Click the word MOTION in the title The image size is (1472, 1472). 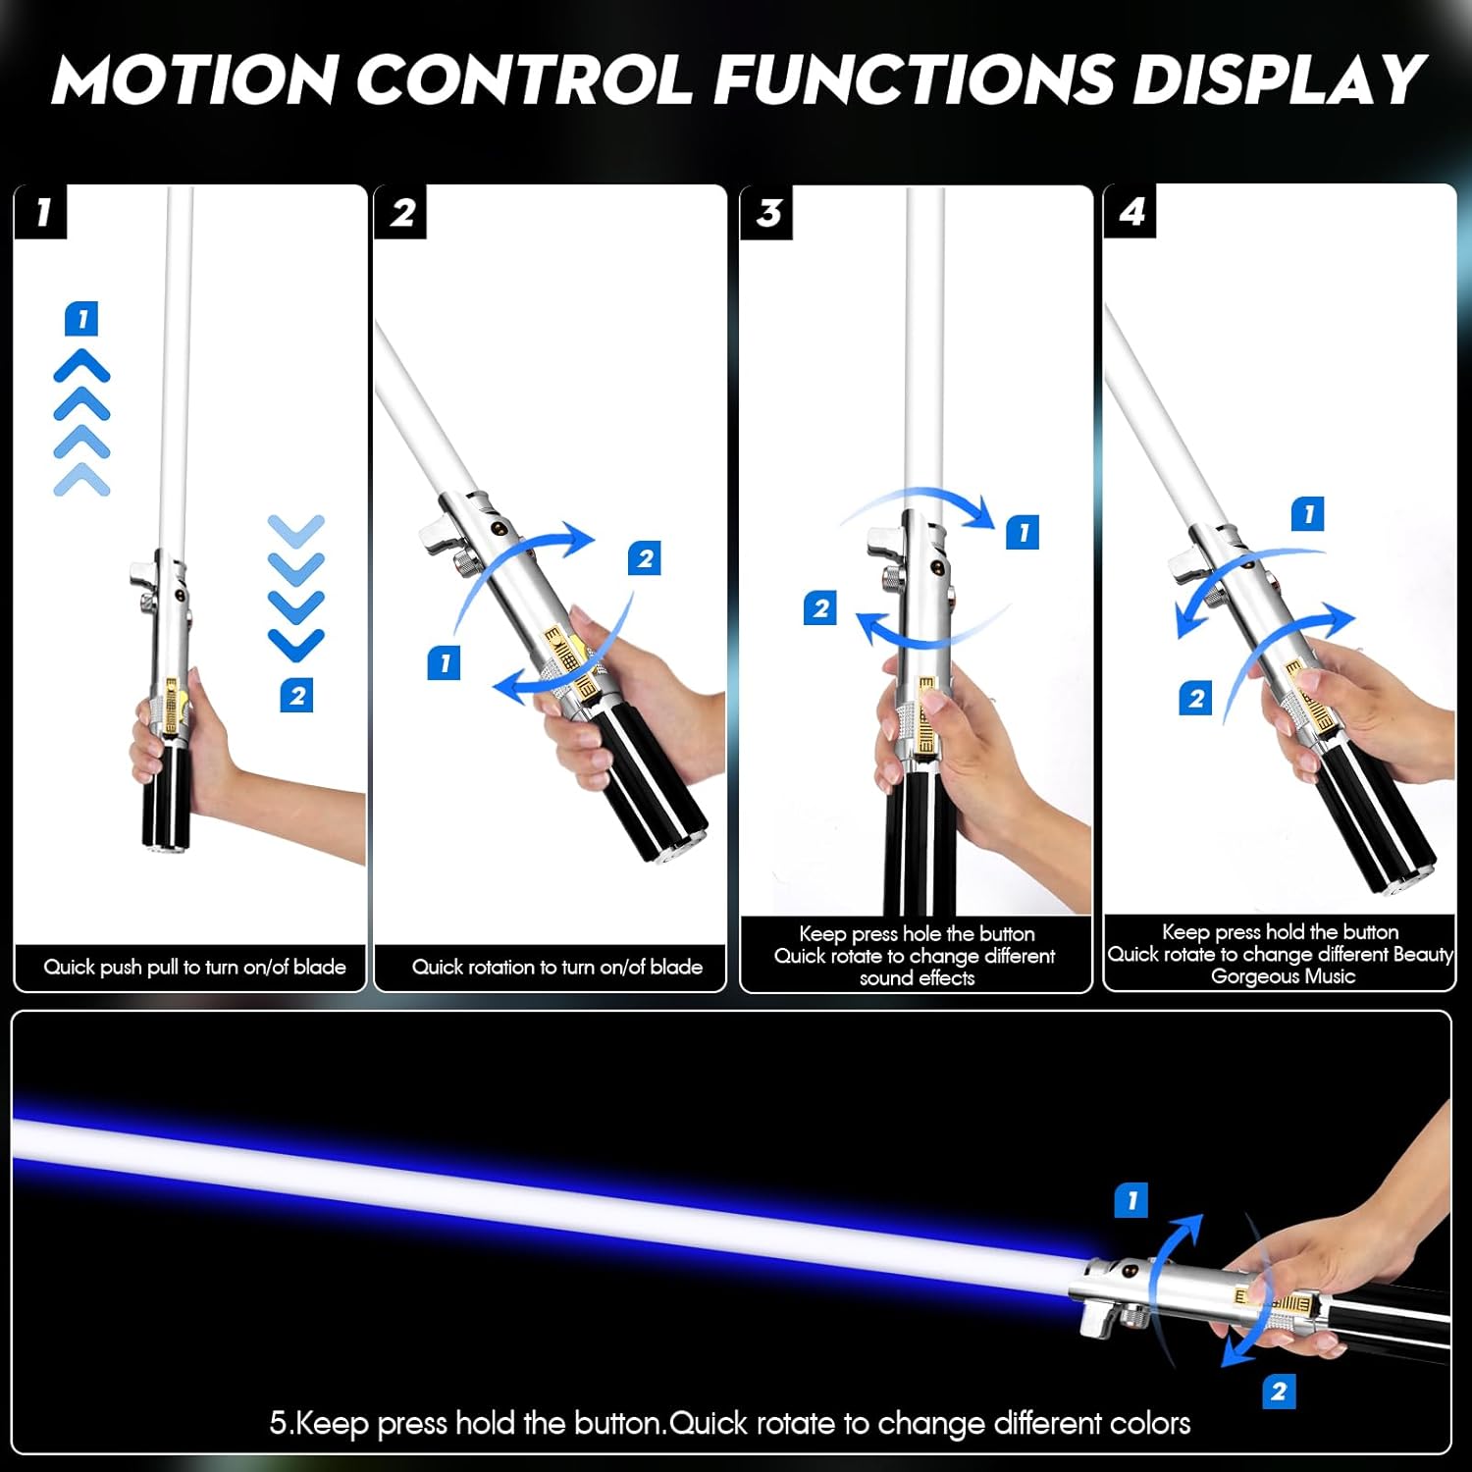coord(194,79)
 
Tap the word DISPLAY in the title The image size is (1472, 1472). coord(1279,79)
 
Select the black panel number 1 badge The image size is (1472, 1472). coord(41,212)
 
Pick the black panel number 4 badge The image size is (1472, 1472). coord(1131,212)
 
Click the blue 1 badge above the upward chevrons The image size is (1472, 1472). coord(81,319)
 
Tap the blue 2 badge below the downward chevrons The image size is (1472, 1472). coord(296,696)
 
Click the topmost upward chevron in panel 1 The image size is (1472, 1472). coord(81,365)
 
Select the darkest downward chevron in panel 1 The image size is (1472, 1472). coord(295,644)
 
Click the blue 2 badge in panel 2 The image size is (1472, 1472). coord(645,558)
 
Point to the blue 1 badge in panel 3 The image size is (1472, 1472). coord(1023,532)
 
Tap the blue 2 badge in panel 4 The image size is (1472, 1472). coord(1195,699)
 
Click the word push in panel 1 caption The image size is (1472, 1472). coord(120,968)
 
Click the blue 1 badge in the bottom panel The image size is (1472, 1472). coord(1131,1200)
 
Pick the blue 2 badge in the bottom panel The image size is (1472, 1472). coord(1279,1391)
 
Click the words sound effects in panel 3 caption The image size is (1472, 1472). coord(917,978)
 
